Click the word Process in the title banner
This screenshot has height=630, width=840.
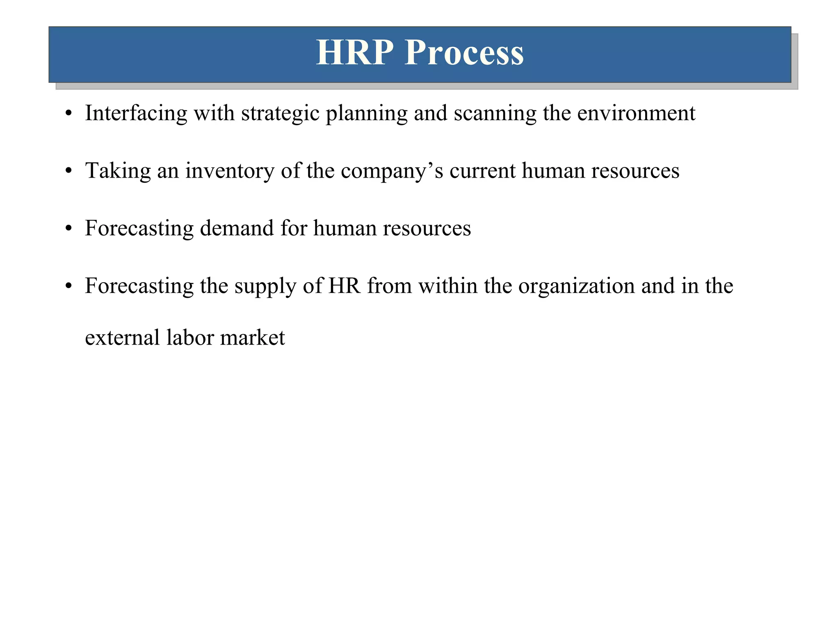[x=464, y=53]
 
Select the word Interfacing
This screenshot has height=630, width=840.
[x=136, y=114]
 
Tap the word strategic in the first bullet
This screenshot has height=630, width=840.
[x=280, y=114]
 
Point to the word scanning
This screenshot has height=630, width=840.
[x=495, y=114]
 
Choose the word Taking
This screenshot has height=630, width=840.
[x=118, y=171]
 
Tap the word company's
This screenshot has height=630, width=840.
[x=392, y=171]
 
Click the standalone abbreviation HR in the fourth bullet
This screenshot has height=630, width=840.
[x=344, y=285]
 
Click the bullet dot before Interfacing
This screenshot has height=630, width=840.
[x=68, y=114]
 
